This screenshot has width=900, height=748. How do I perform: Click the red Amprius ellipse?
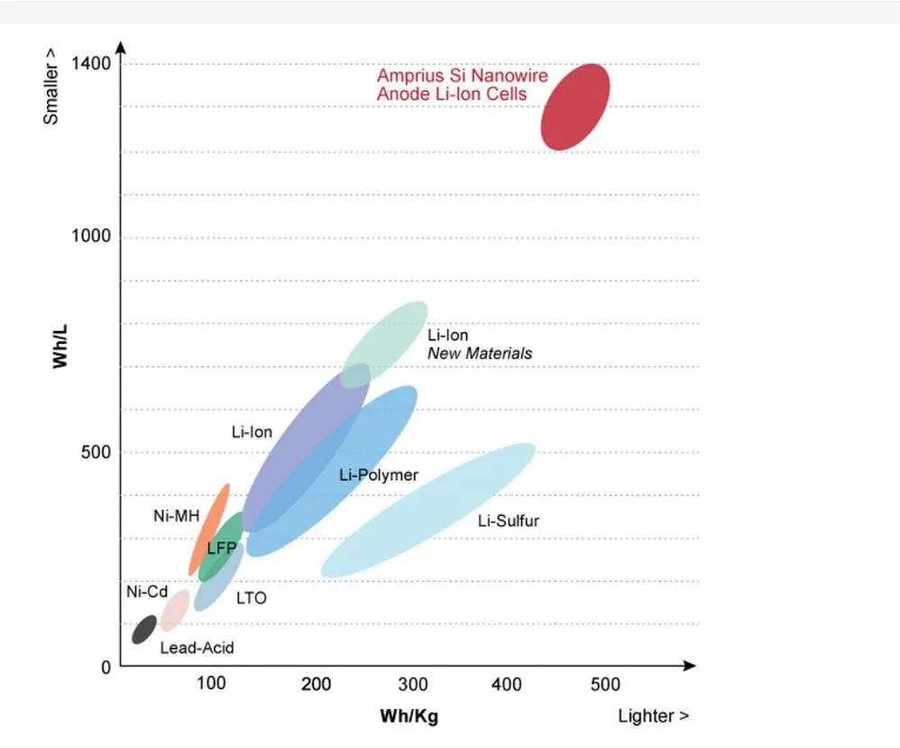575,106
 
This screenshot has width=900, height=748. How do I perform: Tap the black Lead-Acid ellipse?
144,629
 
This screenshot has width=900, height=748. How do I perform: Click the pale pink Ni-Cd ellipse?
174,611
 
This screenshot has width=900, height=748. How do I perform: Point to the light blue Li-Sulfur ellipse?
428,510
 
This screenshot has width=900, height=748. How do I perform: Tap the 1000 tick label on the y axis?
91,236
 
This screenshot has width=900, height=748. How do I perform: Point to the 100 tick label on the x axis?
211,685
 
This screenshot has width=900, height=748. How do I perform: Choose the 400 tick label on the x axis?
507,685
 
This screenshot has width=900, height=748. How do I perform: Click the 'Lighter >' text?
653,716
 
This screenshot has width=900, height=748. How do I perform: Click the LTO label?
252,597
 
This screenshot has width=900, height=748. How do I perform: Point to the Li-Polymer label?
379,475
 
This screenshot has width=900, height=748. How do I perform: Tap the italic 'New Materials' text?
480,354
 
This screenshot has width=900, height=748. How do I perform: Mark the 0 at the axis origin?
106,668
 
